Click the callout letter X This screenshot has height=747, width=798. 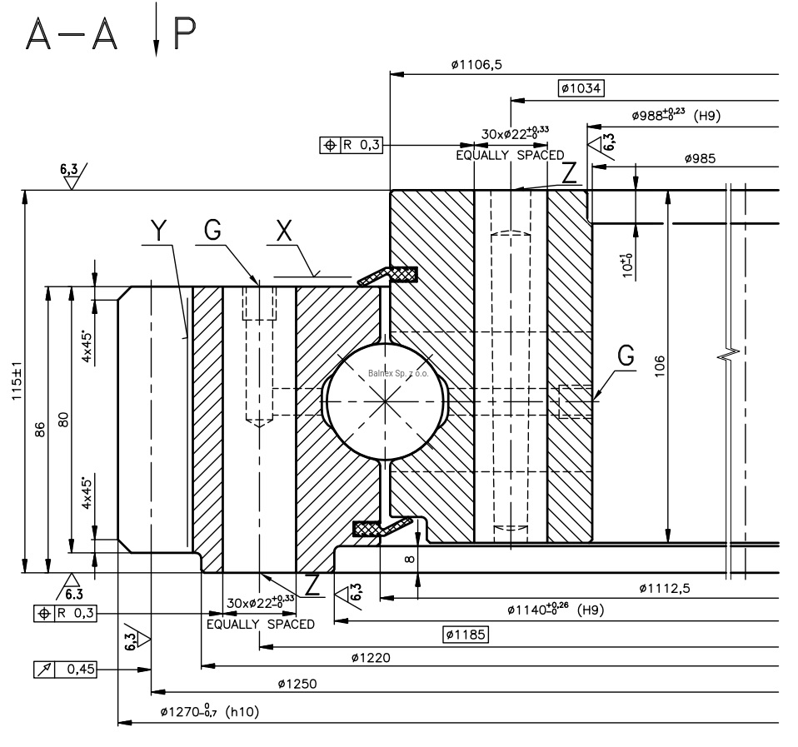(x=284, y=231)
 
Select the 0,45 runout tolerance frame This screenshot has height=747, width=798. (x=63, y=668)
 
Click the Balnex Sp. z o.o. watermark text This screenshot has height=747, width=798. (x=397, y=374)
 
